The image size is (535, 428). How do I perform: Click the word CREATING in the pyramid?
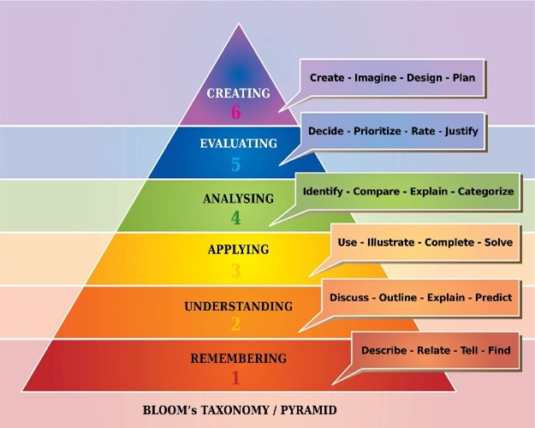[238, 92]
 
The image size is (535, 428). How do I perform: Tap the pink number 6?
[235, 112]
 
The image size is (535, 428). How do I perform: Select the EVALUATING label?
[239, 143]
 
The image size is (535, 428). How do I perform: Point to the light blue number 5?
[235, 164]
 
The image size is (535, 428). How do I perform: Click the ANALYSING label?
[239, 199]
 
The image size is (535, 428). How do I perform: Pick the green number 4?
[235, 218]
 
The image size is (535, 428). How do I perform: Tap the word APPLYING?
[238, 249]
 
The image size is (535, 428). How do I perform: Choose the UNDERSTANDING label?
[239, 306]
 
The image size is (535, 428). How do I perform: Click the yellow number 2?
[235, 324]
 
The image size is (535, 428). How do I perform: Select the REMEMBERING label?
[239, 359]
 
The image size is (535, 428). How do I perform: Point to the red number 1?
[235, 377]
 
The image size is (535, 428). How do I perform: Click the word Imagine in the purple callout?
[375, 78]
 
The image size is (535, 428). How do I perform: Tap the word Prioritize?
[377, 131]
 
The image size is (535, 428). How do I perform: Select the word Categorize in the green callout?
[485, 192]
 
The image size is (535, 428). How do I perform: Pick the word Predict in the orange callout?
[494, 297]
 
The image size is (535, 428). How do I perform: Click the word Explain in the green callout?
[429, 192]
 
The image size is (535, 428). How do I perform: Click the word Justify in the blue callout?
[461, 131]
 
